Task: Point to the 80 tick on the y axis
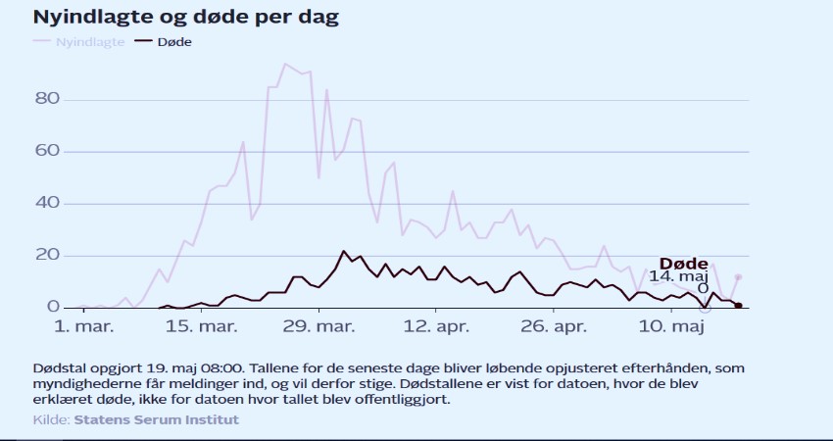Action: point(48,99)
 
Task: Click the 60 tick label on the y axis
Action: point(48,151)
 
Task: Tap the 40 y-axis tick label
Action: point(48,203)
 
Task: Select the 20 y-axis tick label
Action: point(48,255)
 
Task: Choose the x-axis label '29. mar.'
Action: point(318,324)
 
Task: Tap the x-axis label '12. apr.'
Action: point(437,324)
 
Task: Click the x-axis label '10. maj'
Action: point(673,324)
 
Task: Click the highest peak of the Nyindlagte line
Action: point(285,65)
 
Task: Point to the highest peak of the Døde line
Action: point(344,251)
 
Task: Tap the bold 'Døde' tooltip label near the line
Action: point(683,263)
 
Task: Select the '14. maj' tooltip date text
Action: point(683,276)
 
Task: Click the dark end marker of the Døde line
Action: point(738,305)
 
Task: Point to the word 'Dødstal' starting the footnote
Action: point(58,367)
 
